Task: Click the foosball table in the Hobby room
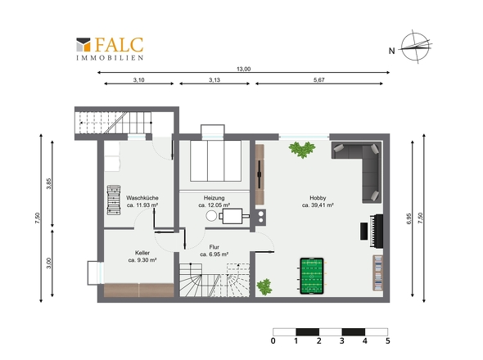click(x=312, y=276)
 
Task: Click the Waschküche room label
click(x=142, y=198)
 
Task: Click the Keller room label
click(x=142, y=253)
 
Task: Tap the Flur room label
click(x=214, y=247)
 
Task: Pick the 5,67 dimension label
click(x=318, y=79)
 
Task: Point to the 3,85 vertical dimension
click(x=49, y=183)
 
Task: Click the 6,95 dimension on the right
click(x=409, y=218)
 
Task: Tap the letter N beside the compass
click(x=391, y=51)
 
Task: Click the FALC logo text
click(x=119, y=45)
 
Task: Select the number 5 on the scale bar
click(x=388, y=341)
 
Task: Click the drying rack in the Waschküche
click(x=113, y=200)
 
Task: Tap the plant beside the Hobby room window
click(x=302, y=150)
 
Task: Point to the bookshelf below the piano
click(x=378, y=272)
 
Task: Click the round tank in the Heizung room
click(x=211, y=216)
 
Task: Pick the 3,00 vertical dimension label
click(x=49, y=263)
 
